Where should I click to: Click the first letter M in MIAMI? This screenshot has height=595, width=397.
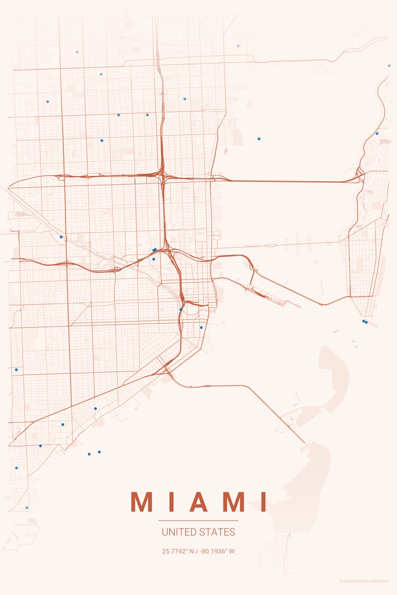141,502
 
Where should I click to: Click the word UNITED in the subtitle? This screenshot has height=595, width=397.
178,532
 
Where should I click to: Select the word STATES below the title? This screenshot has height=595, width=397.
217,532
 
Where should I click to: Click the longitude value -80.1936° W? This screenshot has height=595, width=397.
217,551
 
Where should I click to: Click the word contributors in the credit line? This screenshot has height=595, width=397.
380,581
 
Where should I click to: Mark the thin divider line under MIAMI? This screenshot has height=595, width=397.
198,521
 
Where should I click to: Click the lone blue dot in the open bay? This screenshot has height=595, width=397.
259,139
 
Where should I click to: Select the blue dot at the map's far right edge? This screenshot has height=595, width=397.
389,65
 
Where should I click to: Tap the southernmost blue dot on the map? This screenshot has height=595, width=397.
27,508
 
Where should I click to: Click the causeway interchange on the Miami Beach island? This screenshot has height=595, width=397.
360,175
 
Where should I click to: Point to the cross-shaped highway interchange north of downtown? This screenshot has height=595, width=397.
162,173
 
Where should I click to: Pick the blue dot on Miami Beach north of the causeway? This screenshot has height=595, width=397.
377,133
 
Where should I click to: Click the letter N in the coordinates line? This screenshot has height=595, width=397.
194,551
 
